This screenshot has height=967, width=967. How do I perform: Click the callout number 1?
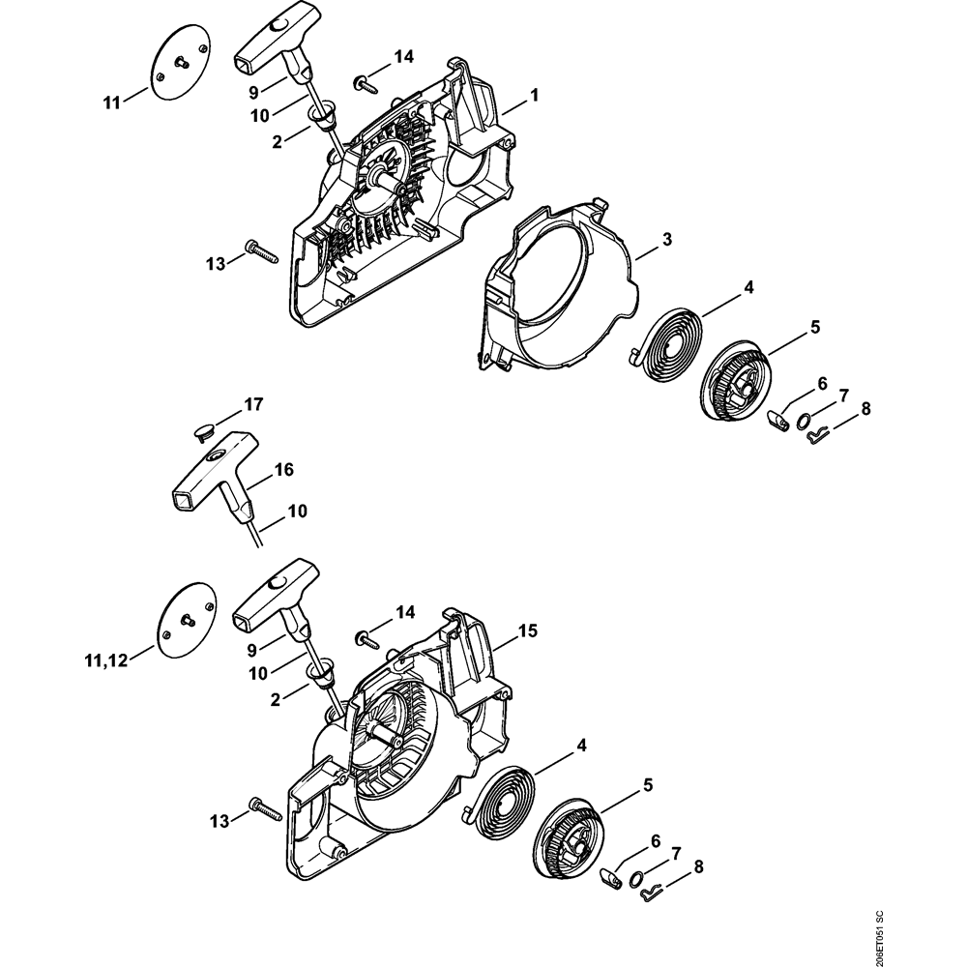[533, 95]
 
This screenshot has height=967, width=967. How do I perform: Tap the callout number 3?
[668, 238]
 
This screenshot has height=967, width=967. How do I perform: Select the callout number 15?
[527, 630]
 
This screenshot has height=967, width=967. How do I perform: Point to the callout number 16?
[282, 470]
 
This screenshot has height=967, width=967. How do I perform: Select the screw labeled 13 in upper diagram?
[260, 249]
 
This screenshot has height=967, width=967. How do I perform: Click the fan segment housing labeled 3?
[551, 290]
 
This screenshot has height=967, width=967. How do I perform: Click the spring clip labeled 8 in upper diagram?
[817, 437]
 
